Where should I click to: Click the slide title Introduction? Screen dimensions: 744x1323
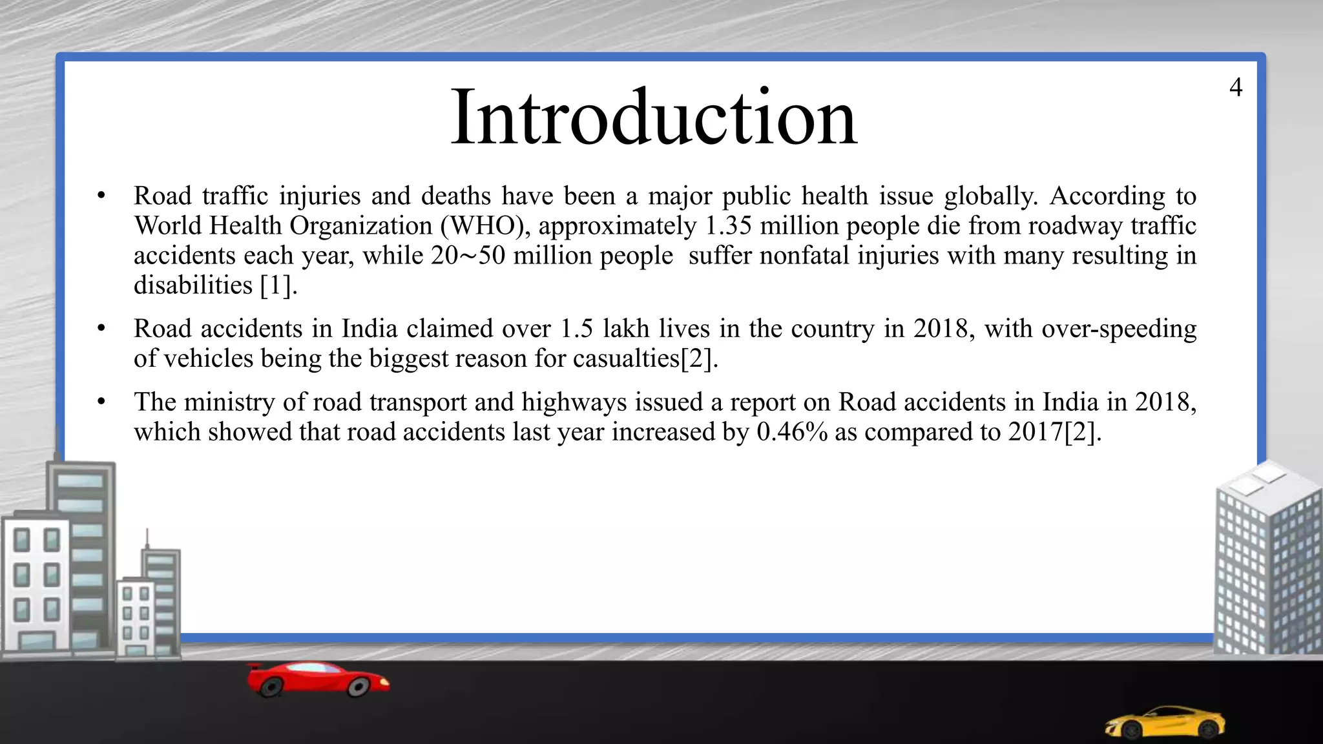(654, 118)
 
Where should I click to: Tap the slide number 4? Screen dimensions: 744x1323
(1235, 87)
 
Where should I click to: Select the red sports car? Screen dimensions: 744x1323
(318, 679)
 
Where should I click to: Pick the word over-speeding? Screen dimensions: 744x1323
(1119, 329)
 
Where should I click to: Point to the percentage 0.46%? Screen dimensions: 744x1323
(792, 432)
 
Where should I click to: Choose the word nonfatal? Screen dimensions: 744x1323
(805, 256)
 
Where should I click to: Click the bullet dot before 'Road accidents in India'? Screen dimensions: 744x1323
(101, 329)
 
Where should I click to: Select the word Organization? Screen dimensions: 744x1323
(360, 226)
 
